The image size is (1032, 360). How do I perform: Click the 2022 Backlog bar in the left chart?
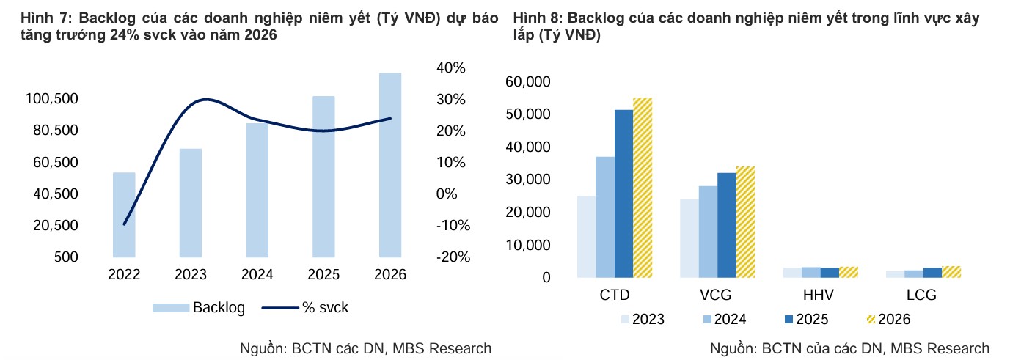(124, 215)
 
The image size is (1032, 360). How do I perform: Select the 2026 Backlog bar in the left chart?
(389, 165)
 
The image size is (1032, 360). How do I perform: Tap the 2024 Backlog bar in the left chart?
(257, 190)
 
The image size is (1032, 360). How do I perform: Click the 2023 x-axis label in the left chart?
(191, 275)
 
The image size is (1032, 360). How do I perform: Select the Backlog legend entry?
(199, 308)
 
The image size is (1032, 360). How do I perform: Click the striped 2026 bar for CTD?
(643, 188)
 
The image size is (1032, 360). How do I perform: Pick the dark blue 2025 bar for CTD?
(623, 194)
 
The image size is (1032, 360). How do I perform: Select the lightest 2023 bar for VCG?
(689, 238)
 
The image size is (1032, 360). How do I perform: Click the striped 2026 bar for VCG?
(745, 221)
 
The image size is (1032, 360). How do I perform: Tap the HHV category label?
(818, 295)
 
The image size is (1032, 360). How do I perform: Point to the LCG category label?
(920, 295)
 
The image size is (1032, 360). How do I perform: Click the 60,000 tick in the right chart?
(529, 82)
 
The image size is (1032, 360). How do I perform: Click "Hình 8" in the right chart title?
(537, 18)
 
